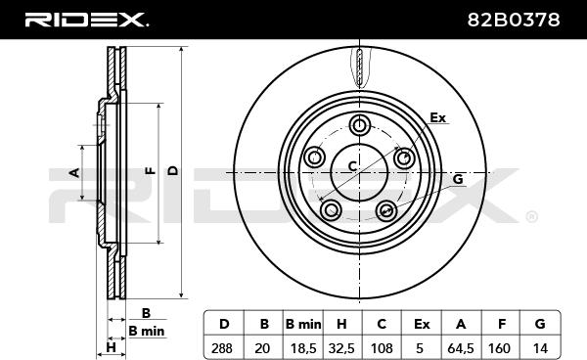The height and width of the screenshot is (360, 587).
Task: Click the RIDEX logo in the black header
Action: (x=86, y=20)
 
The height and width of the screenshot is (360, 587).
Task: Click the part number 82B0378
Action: (x=514, y=20)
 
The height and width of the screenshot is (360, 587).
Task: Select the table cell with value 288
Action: (x=223, y=348)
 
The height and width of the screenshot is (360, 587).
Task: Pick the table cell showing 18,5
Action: (x=303, y=348)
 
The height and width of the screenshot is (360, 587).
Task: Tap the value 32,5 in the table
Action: (x=341, y=348)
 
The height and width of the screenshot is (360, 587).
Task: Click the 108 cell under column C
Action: (x=382, y=348)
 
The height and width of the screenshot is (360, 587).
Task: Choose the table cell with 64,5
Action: (x=461, y=348)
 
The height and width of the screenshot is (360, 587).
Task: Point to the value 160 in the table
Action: (x=499, y=348)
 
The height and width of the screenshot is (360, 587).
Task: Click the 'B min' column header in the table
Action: (x=303, y=324)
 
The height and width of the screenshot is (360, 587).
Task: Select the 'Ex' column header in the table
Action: (x=422, y=324)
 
